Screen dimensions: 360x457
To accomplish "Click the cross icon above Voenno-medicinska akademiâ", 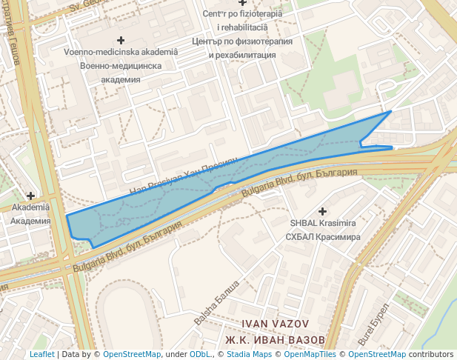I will pos(121,39).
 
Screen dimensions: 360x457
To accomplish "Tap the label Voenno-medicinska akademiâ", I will pos(121,52).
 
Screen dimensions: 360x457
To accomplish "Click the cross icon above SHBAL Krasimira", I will pos(322,211).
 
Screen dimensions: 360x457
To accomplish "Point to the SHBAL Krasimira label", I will pos(322,224).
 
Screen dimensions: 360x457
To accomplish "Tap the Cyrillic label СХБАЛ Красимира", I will pos(323,237).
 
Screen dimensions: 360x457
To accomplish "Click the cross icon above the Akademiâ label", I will pos(30,196).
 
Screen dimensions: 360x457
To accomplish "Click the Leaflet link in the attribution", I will pos(41,355).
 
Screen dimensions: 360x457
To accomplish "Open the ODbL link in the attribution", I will pos(200,355).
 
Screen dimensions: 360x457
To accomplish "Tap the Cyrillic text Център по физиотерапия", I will pos(243,41).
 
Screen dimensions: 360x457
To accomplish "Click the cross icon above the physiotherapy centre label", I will pos(242,4).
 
